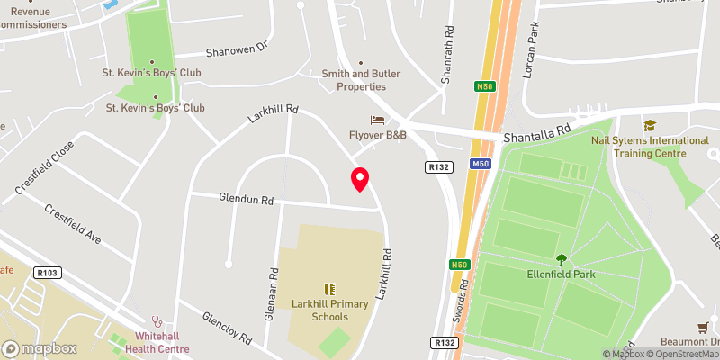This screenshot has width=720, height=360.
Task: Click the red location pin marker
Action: pos(360,179)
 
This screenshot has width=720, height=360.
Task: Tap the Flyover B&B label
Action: pos(378,135)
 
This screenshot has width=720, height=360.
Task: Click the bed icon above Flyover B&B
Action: pos(377,120)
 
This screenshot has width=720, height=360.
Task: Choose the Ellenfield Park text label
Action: pos(562,274)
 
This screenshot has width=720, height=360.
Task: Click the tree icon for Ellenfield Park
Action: pos(562,259)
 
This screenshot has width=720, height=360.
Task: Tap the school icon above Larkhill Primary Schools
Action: pos(328,289)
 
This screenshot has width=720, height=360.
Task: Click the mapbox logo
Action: pos(39,348)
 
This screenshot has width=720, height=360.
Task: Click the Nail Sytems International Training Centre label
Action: pos(649,147)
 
